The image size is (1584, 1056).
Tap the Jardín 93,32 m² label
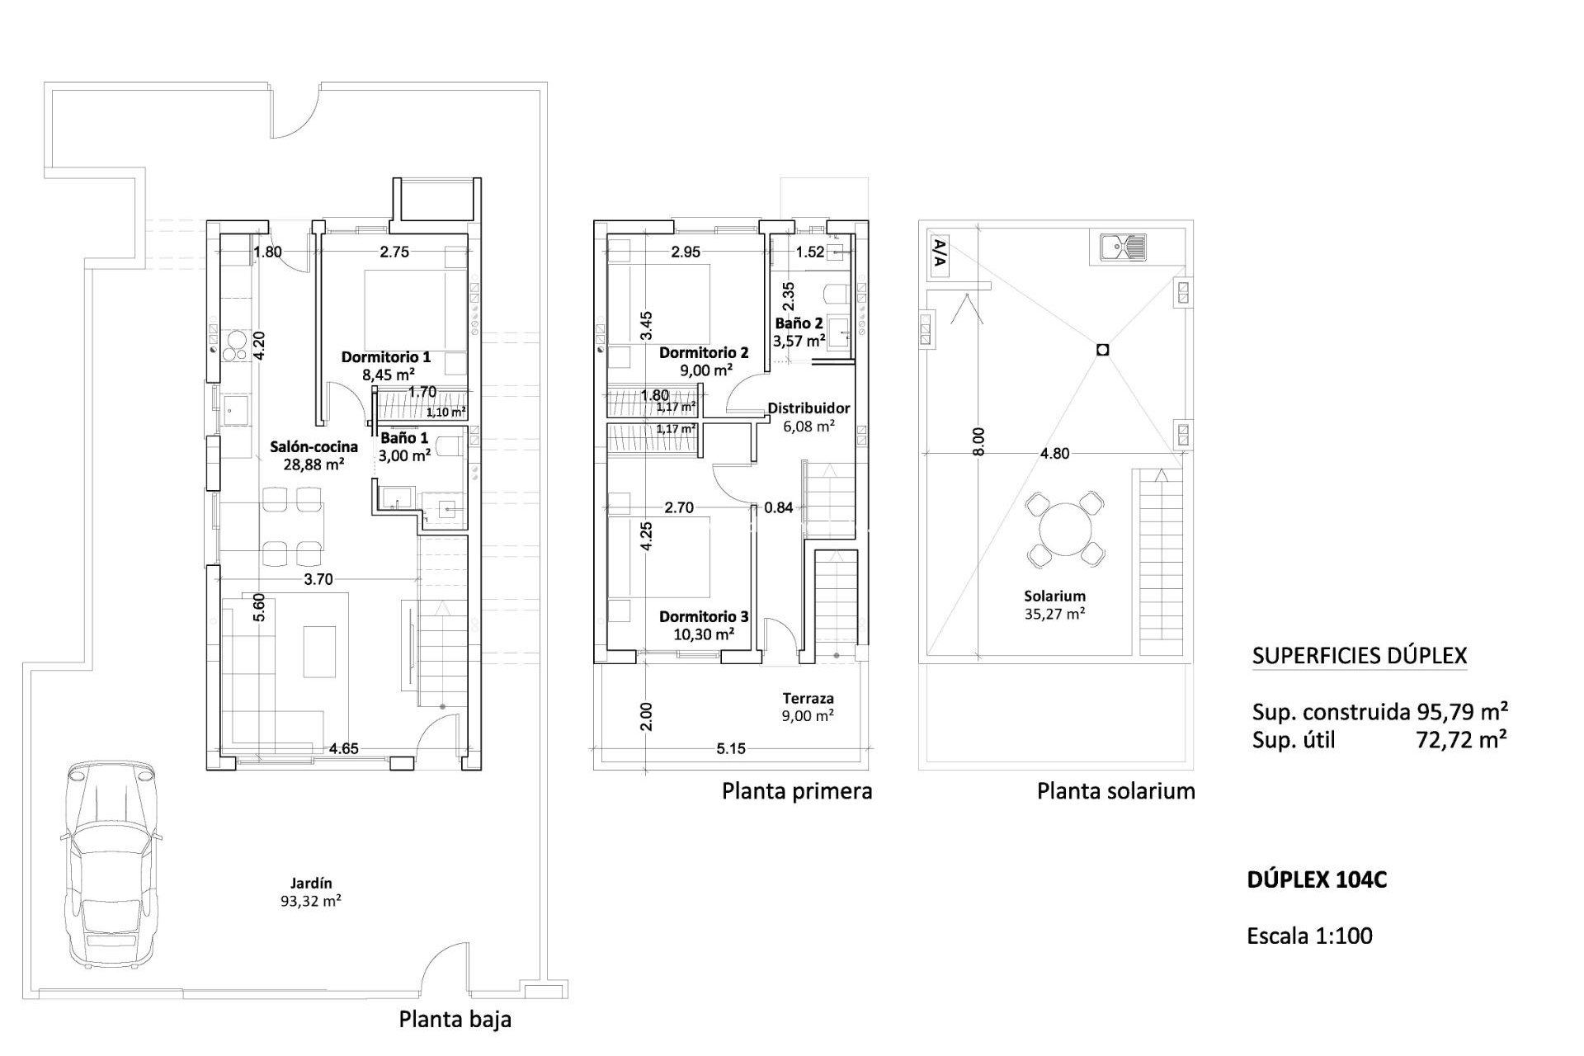[x=311, y=892]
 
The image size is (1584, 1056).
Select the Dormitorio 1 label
[x=386, y=357]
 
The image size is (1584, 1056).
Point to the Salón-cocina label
[x=314, y=446]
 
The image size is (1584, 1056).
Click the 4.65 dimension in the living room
[x=343, y=749]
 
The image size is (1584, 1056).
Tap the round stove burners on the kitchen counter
[x=234, y=345]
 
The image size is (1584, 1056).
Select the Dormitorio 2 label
[x=704, y=353]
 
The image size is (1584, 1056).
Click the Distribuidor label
[x=808, y=408]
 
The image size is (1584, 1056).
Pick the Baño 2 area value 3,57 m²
[x=799, y=340]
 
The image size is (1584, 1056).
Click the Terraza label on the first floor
[x=808, y=698]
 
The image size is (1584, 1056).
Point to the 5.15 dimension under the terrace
[x=731, y=749]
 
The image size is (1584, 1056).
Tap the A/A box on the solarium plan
[x=939, y=255]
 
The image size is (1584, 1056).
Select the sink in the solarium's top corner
[x=1122, y=246]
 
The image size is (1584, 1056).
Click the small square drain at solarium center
[x=1103, y=350]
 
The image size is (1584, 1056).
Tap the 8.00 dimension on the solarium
[x=978, y=441]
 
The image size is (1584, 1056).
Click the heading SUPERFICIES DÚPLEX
[x=1360, y=656]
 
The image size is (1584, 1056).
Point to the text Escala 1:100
[x=1310, y=936]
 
